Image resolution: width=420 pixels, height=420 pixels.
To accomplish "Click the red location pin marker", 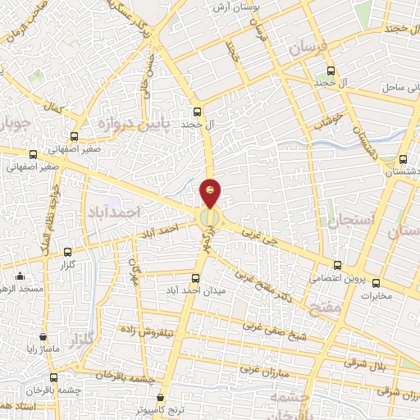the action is click(x=211, y=191).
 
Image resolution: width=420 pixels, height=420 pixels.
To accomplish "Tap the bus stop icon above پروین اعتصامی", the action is click(x=338, y=265).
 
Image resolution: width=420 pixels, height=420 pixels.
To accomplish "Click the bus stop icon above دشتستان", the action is click(x=402, y=159).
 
